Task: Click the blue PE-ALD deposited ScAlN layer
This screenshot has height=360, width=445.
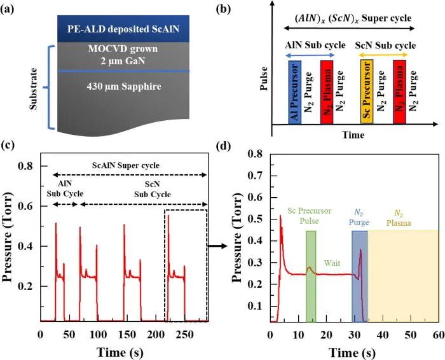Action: pos(123,29)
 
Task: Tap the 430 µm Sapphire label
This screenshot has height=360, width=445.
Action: pos(124,87)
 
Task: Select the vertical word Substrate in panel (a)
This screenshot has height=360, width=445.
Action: pos(34,88)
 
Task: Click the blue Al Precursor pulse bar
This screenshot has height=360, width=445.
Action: pos(294,92)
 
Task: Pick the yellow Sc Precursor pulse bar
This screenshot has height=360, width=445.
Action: pos(367,92)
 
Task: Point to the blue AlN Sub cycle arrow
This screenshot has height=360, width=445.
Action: pos(310,55)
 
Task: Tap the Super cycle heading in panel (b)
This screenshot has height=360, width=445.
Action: pos(353,18)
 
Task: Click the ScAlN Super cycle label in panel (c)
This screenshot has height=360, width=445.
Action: pos(126,165)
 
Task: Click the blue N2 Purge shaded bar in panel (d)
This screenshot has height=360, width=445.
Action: pos(360,276)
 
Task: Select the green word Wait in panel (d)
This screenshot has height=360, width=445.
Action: pos(332,263)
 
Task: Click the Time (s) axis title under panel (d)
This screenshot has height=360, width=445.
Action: pos(352,353)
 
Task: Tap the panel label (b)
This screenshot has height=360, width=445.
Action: pos(223,9)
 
